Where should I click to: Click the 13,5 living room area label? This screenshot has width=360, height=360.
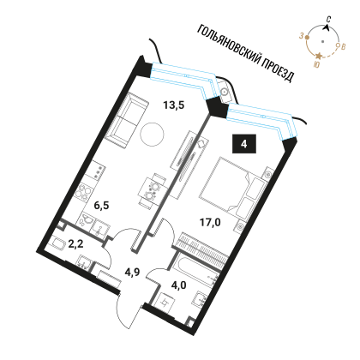174,105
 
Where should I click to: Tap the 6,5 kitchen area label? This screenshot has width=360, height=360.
102,205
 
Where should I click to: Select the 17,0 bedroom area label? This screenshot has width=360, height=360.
210,222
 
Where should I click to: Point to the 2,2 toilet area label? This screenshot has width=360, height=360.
75,244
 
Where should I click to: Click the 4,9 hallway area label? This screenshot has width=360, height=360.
132,272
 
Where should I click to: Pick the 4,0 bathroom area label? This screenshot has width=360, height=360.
179,285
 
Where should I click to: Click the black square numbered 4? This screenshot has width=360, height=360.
243,144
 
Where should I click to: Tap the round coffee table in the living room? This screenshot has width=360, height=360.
152,134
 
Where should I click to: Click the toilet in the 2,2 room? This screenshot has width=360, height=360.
58,245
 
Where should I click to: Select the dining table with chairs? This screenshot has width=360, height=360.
152,189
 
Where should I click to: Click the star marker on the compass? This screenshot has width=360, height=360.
319,56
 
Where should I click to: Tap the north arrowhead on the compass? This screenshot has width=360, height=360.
327,27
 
